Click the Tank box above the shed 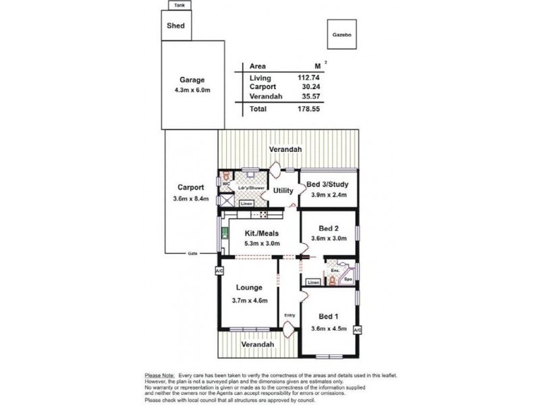pyautogui.click(x=179, y=5)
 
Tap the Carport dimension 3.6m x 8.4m pyautogui.click(x=192, y=198)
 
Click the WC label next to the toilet pyautogui.click(x=226, y=182)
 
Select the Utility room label pyautogui.click(x=283, y=191)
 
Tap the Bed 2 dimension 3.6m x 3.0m pyautogui.click(x=327, y=238)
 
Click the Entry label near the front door pyautogui.click(x=290, y=315)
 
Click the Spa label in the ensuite pyautogui.click(x=348, y=277)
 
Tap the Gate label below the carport pyautogui.click(x=192, y=254)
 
